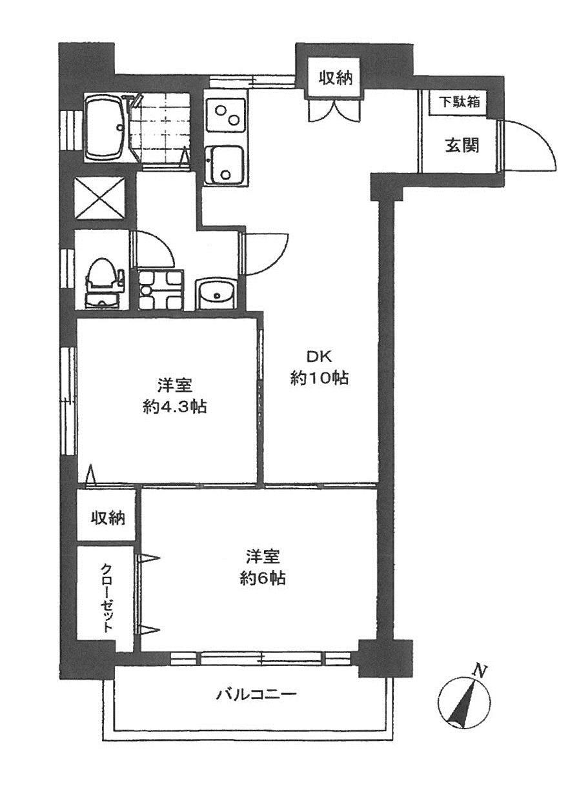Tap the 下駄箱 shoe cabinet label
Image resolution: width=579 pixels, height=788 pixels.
pos(460,102)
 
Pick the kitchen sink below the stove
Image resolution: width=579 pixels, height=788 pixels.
pos(224,165)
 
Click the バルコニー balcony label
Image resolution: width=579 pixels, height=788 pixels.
pos(256,695)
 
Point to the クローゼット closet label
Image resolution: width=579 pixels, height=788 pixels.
pos(106,598)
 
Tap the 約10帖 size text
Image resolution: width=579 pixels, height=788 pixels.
pos(320,379)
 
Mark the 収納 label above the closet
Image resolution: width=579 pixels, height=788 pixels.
pos(107,517)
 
